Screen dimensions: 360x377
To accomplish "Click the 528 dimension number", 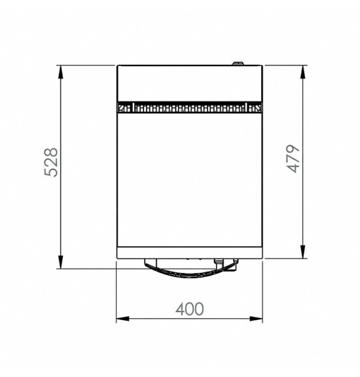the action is point(52,162).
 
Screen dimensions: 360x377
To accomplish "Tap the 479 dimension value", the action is point(294,159).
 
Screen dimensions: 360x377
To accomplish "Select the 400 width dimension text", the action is point(190,309).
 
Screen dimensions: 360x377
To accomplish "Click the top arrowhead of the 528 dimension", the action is point(61,71).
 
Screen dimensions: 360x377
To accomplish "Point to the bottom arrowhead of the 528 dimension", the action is point(61,262).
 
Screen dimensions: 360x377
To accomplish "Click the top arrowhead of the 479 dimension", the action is point(303,71).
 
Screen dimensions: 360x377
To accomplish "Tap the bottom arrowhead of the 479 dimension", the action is point(303,252).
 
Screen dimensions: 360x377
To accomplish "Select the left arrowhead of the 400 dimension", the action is point(122,319).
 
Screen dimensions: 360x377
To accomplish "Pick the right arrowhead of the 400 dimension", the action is point(256,319).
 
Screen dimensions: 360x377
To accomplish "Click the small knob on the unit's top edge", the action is point(238,63).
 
